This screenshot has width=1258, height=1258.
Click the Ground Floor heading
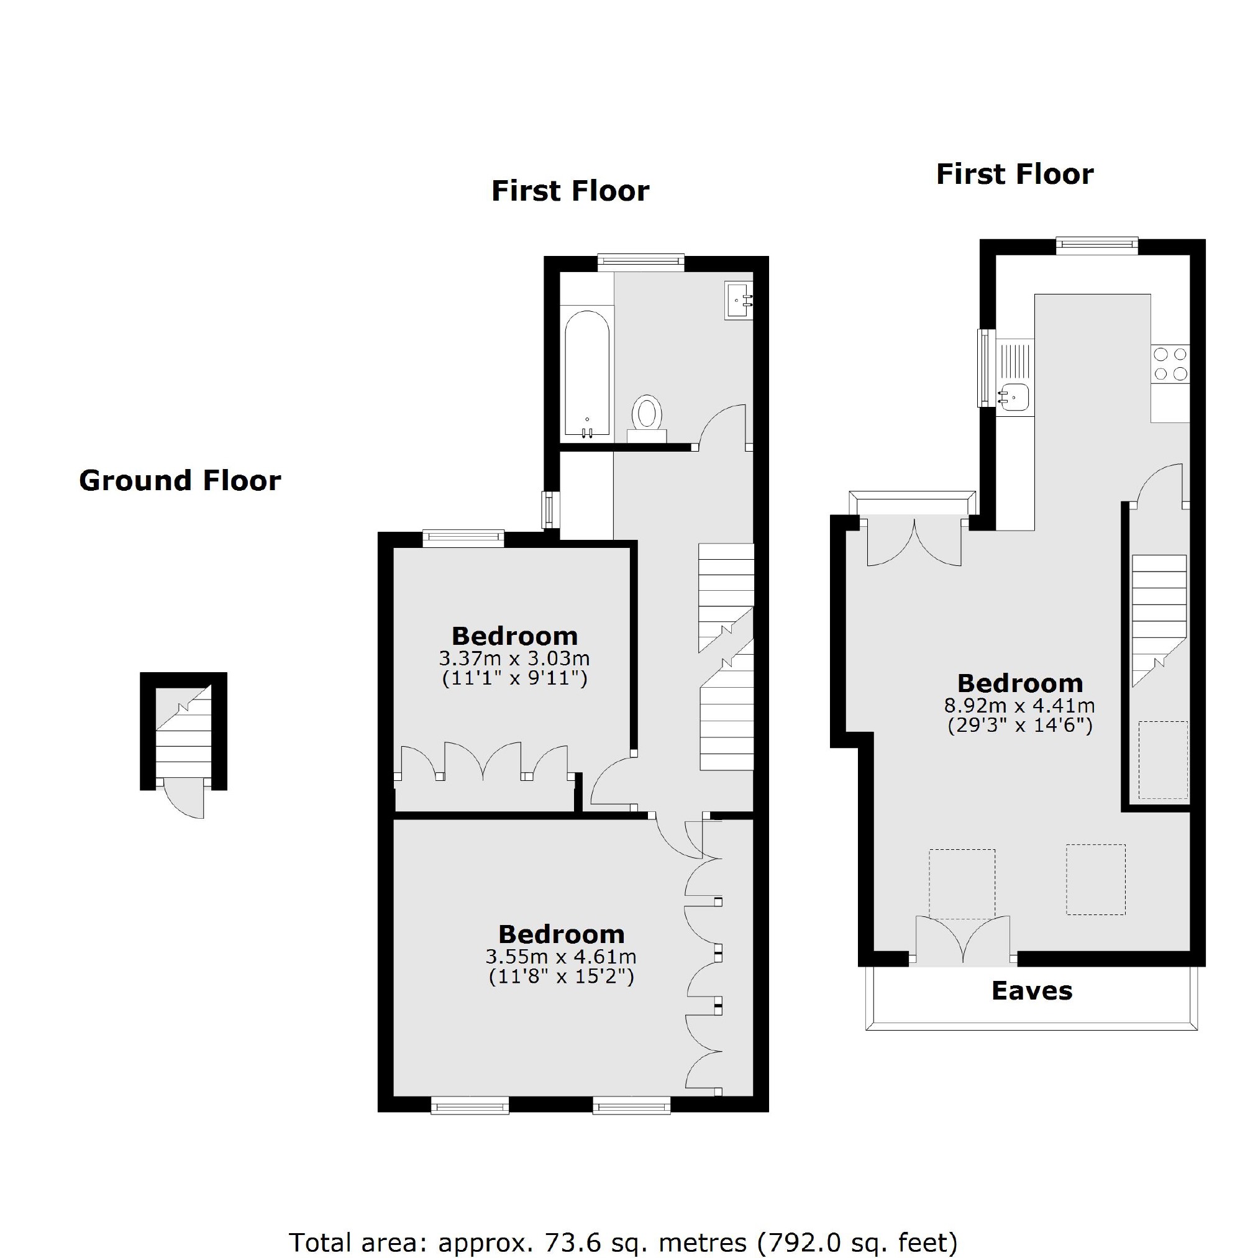180,481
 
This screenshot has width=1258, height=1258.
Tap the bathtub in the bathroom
586,374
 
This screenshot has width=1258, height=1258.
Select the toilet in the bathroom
647,414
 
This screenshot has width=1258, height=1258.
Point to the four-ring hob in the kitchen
1170,364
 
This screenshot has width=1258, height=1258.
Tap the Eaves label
1031,990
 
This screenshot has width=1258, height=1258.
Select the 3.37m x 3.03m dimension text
514,658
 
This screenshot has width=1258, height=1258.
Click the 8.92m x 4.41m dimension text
1019,705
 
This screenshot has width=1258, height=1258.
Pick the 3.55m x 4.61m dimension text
560,957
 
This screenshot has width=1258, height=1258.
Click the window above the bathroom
640,262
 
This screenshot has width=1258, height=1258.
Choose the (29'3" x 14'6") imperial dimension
1019,726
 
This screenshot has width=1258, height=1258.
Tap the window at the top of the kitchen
1096,245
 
